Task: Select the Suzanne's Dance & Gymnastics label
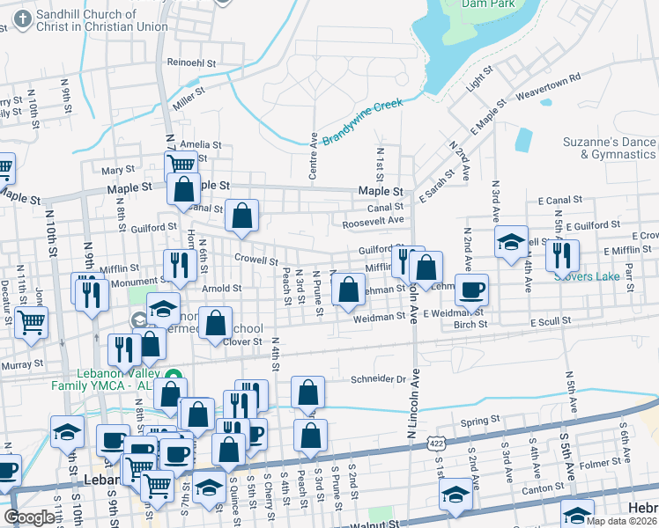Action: click(610, 148)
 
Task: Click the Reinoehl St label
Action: click(192, 63)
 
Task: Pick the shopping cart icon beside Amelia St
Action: click(181, 165)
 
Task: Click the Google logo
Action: click(29, 517)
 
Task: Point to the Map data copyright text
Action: click(622, 521)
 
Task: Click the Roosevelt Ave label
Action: click(373, 222)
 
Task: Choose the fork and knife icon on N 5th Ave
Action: click(561, 255)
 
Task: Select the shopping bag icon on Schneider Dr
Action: click(308, 392)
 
